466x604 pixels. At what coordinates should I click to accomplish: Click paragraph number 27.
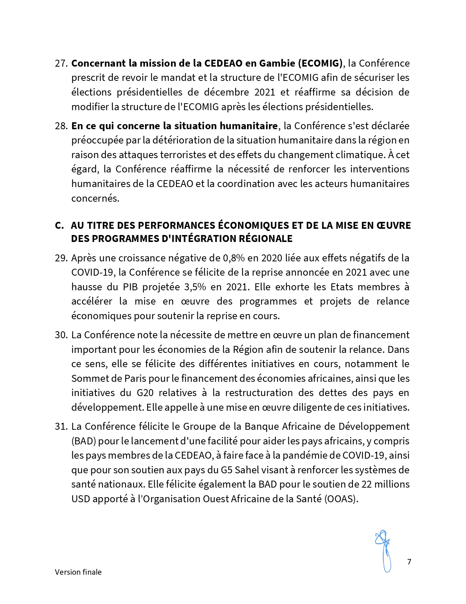(x=61, y=63)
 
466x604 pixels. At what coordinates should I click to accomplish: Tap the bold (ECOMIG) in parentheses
(x=321, y=63)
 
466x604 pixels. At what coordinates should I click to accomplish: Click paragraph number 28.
(x=61, y=126)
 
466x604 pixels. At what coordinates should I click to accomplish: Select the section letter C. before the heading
(x=59, y=225)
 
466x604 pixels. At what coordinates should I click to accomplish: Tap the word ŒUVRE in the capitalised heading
(x=394, y=225)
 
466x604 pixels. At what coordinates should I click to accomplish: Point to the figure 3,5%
(x=195, y=287)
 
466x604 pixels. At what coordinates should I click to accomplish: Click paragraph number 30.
(x=61, y=335)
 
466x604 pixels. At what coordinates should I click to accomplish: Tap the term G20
(x=145, y=393)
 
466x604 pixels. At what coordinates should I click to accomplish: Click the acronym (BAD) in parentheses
(x=83, y=441)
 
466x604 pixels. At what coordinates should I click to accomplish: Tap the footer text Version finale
(x=78, y=572)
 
